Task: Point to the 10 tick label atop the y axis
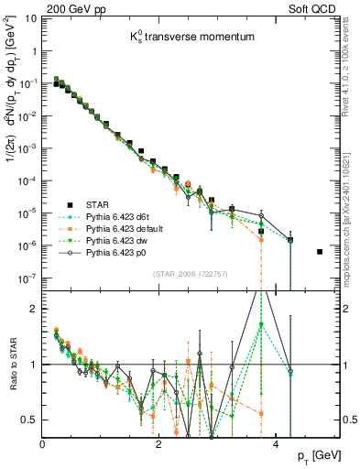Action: pos(32,18)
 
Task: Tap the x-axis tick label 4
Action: pos(276,443)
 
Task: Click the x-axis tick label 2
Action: pos(159,443)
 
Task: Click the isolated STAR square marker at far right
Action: pos(319,251)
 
